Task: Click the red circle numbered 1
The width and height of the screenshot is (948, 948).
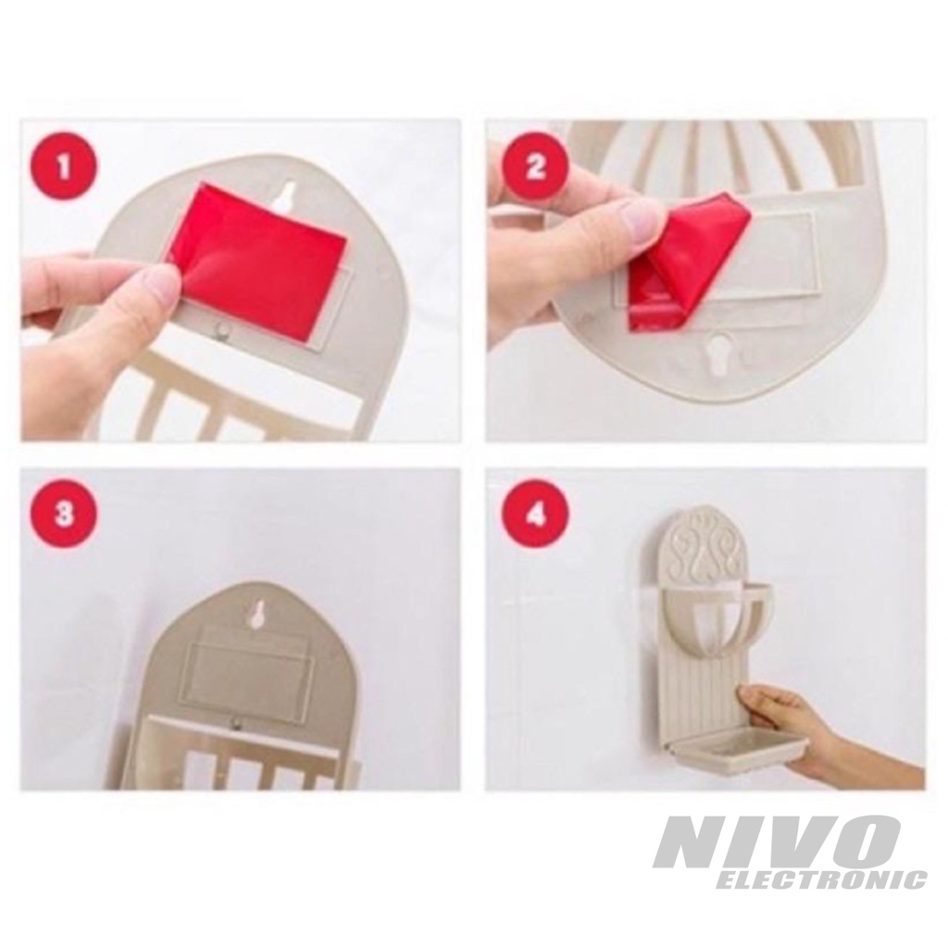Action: pyautogui.click(x=65, y=167)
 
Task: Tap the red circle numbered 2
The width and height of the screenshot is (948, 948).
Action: pyautogui.click(x=536, y=166)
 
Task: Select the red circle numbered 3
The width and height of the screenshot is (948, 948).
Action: pyautogui.click(x=64, y=515)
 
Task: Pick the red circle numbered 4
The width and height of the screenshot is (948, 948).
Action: pyautogui.click(x=536, y=515)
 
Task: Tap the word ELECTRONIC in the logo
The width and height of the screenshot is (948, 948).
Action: pyautogui.click(x=821, y=879)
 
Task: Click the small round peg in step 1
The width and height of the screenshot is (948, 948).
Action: pyautogui.click(x=224, y=331)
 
